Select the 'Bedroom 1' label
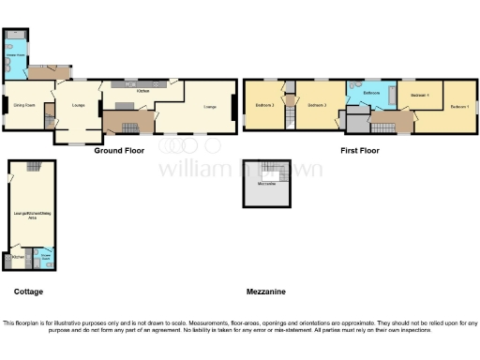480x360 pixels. tap(459, 108)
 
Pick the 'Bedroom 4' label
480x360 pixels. tap(420, 96)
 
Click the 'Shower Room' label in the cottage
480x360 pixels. tap(45, 254)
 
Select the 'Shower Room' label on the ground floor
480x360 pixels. tap(16, 54)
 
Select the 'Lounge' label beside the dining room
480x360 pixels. tap(78, 104)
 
